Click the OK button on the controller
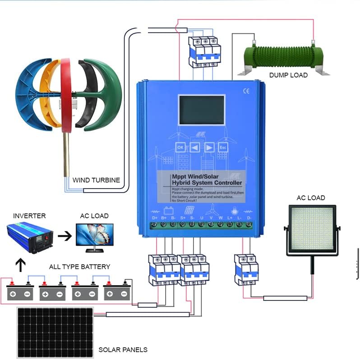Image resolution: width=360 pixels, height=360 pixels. click(x=180, y=148)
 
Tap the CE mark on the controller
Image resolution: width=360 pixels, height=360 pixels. click(x=246, y=90)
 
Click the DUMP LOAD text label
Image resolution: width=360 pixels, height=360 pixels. click(x=288, y=75)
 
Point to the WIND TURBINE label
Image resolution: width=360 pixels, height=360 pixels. click(x=97, y=180)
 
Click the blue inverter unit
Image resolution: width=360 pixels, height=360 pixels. click(x=31, y=236)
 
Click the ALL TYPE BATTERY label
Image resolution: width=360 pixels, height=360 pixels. click(x=79, y=267)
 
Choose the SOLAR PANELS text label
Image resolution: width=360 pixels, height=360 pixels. click(x=123, y=350)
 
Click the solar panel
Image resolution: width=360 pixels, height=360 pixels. click(x=55, y=332)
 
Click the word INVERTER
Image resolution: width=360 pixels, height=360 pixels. click(x=29, y=216)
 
